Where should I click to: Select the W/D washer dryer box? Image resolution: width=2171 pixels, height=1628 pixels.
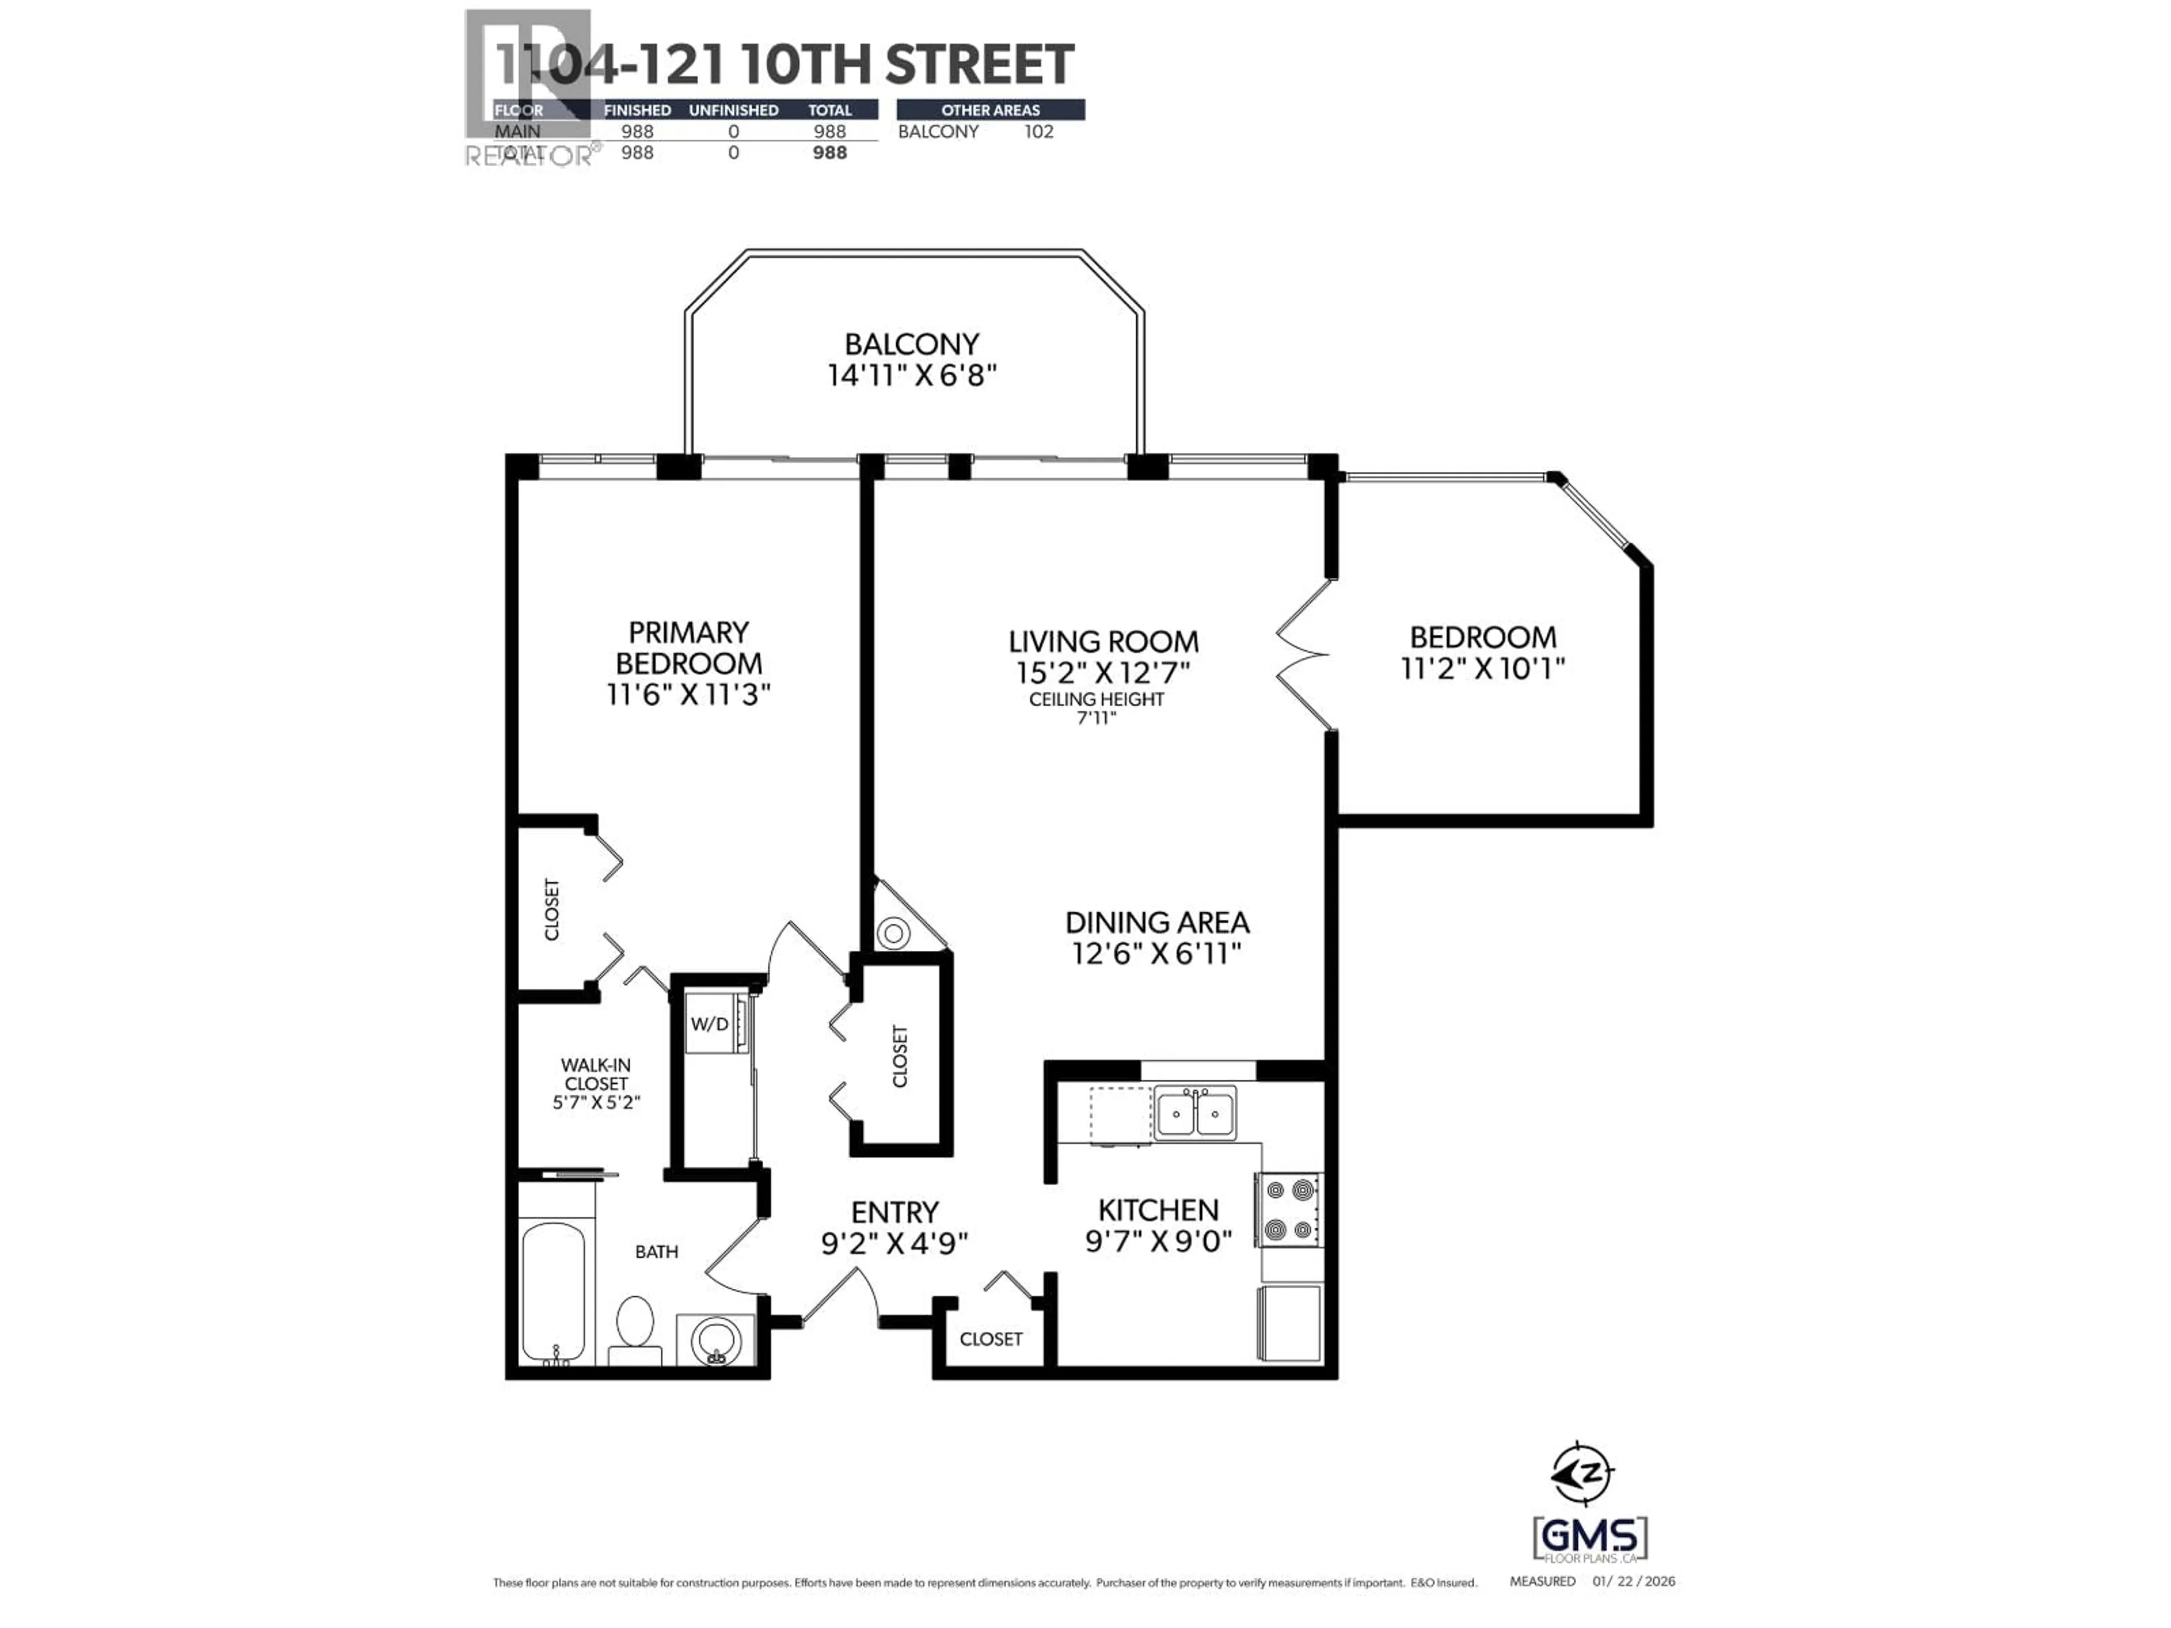pos(711,1024)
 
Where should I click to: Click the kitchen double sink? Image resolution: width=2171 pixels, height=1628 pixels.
pos(1195,1113)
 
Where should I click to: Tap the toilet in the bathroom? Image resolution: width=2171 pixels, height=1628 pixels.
pos(635,1330)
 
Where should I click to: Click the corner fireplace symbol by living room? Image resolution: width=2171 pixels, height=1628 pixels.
pos(894,932)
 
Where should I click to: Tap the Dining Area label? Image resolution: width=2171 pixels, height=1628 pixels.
pos(1157,923)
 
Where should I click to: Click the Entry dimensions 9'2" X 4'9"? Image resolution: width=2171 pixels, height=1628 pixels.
pos(894,1243)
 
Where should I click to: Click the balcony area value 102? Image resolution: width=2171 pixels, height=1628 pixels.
pos(1039,132)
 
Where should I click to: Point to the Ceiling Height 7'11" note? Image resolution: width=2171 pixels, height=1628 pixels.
pos(1096,708)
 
